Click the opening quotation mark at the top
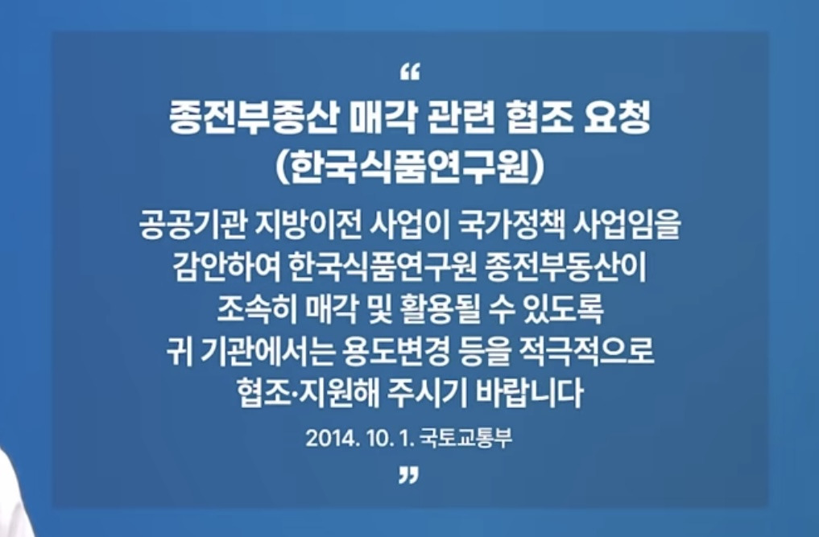tap(410, 74)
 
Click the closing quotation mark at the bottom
tap(409, 477)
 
